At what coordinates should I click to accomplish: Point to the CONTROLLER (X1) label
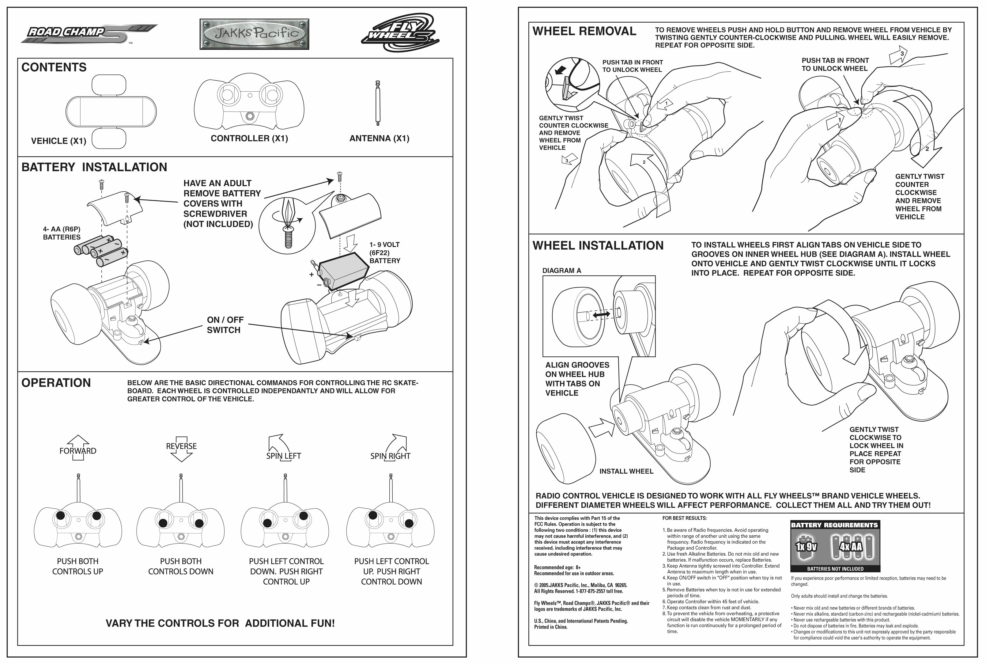tap(249, 138)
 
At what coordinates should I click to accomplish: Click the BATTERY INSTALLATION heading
tap(94, 167)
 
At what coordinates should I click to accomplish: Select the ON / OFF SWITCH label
tap(225, 325)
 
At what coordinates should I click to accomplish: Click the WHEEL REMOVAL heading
tap(584, 31)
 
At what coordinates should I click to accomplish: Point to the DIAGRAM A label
tap(561, 271)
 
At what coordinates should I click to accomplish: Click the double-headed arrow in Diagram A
tap(601, 315)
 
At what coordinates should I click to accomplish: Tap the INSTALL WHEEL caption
tap(626, 471)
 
